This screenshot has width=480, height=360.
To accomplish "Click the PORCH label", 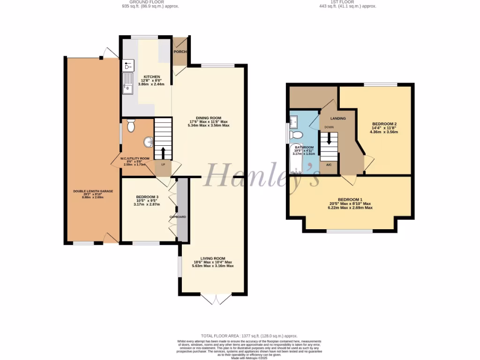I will tap(180, 52).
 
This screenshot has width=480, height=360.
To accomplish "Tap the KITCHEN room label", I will tap(152, 77).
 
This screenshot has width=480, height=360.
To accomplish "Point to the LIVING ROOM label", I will tap(213, 258).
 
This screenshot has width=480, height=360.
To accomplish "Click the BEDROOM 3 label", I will tap(147, 197).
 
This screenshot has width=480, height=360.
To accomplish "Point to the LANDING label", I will tap(338, 118).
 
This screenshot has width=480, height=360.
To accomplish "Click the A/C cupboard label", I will tap(329, 165).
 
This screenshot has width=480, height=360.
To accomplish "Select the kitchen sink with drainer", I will tap(127, 82).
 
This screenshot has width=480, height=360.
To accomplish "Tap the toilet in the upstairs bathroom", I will tap(296, 135).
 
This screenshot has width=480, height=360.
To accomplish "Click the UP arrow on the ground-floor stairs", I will tap(163, 152).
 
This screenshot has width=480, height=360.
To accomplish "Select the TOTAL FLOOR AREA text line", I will tap(249, 336).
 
